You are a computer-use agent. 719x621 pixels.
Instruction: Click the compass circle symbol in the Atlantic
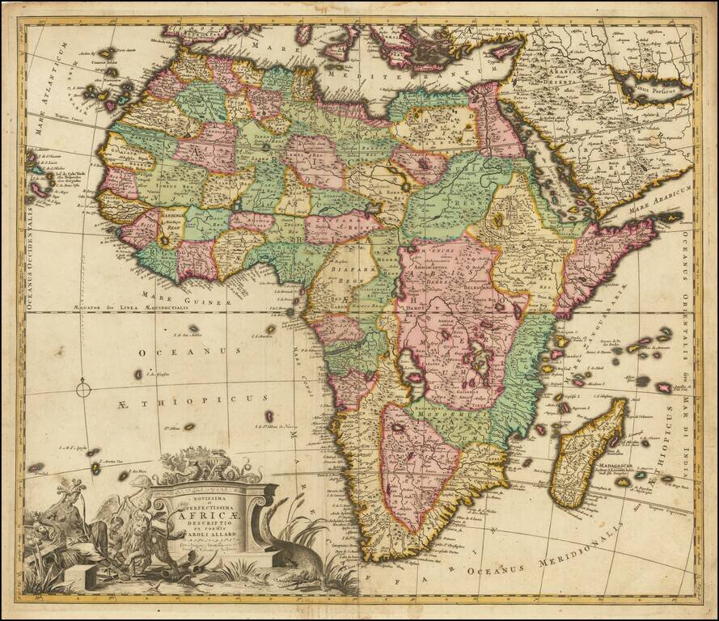click(x=84, y=391)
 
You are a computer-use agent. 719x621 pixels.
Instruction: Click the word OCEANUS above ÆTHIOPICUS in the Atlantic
click(x=189, y=352)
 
